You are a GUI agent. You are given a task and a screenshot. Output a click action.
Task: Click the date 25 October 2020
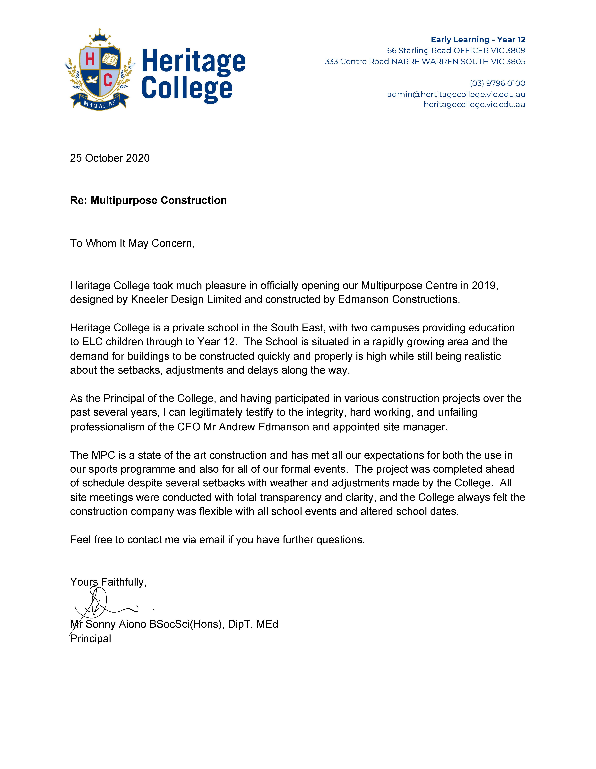(110, 158)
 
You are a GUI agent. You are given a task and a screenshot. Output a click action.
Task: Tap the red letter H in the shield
(90, 59)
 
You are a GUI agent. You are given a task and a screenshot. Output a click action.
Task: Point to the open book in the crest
(110, 59)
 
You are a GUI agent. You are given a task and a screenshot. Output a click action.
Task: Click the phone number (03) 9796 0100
(497, 83)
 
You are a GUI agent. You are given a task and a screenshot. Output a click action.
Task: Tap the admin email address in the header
(456, 94)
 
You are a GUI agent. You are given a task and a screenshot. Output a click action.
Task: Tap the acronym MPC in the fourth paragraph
(103, 455)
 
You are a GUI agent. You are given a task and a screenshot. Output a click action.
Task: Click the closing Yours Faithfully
(108, 582)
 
